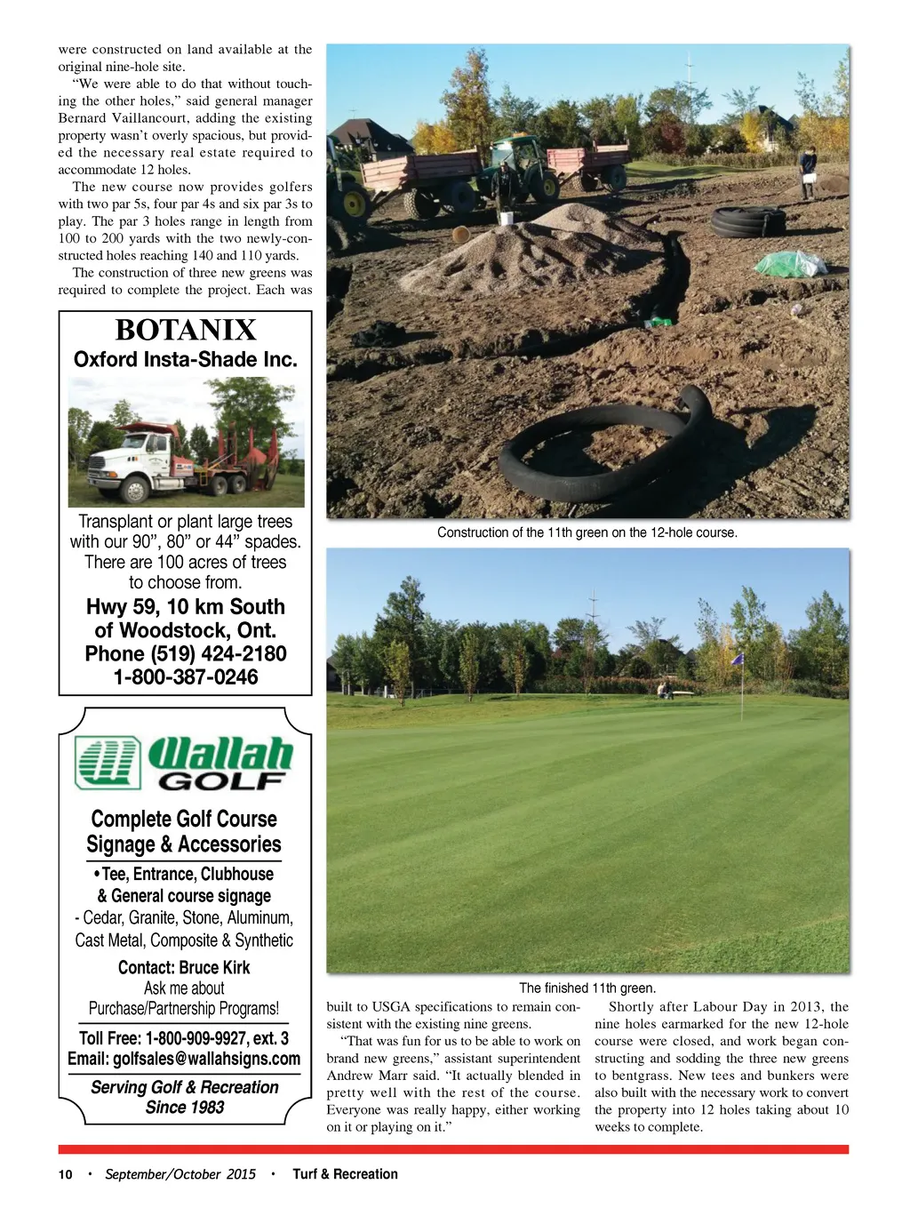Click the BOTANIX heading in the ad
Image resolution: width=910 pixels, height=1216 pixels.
[x=186, y=330]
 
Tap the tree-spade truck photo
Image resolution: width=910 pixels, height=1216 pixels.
[x=186, y=442]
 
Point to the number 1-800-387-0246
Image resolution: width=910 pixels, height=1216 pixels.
[x=186, y=676]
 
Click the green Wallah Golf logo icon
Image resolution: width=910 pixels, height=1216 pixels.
[x=108, y=763]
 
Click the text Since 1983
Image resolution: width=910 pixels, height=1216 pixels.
[x=185, y=1107]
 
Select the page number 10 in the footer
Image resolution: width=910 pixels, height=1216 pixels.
[x=66, y=1174]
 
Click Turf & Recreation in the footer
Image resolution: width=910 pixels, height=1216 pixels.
[x=345, y=1174]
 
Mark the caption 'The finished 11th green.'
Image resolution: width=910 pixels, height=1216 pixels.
[x=587, y=988]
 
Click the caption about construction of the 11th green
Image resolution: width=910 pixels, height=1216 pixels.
[x=587, y=532]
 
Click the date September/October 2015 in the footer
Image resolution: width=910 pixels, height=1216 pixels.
[x=180, y=1174]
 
